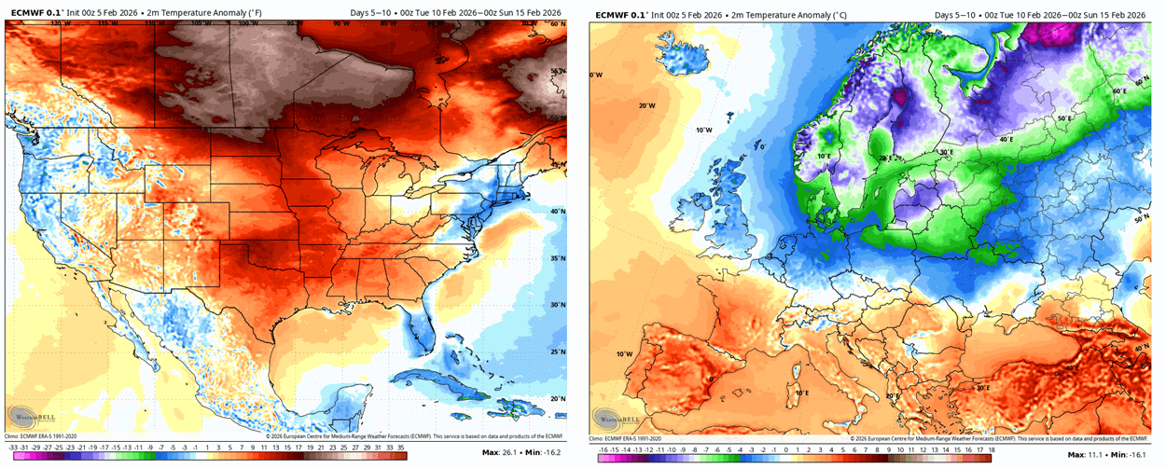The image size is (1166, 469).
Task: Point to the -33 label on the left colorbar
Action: click(x=10, y=447)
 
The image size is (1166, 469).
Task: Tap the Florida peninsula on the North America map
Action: click(x=416, y=331)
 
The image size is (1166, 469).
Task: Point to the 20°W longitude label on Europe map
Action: click(x=647, y=105)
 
